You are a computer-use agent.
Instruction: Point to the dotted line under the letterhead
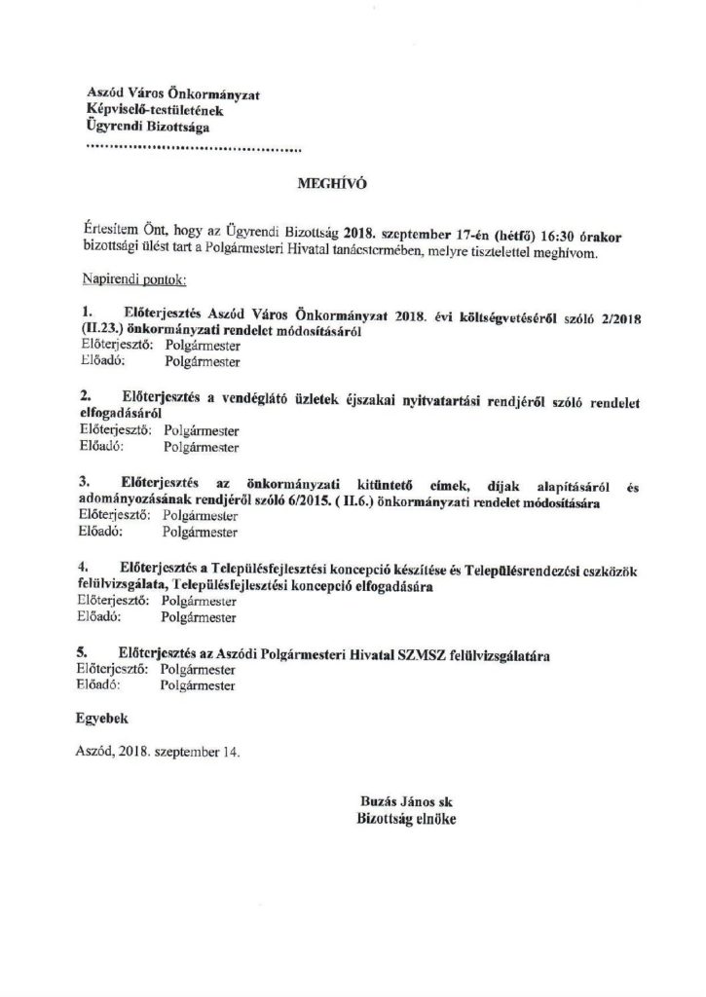[194, 150]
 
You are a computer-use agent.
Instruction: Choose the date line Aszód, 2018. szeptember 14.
[156, 752]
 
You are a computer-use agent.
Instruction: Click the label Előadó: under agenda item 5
[100, 684]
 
